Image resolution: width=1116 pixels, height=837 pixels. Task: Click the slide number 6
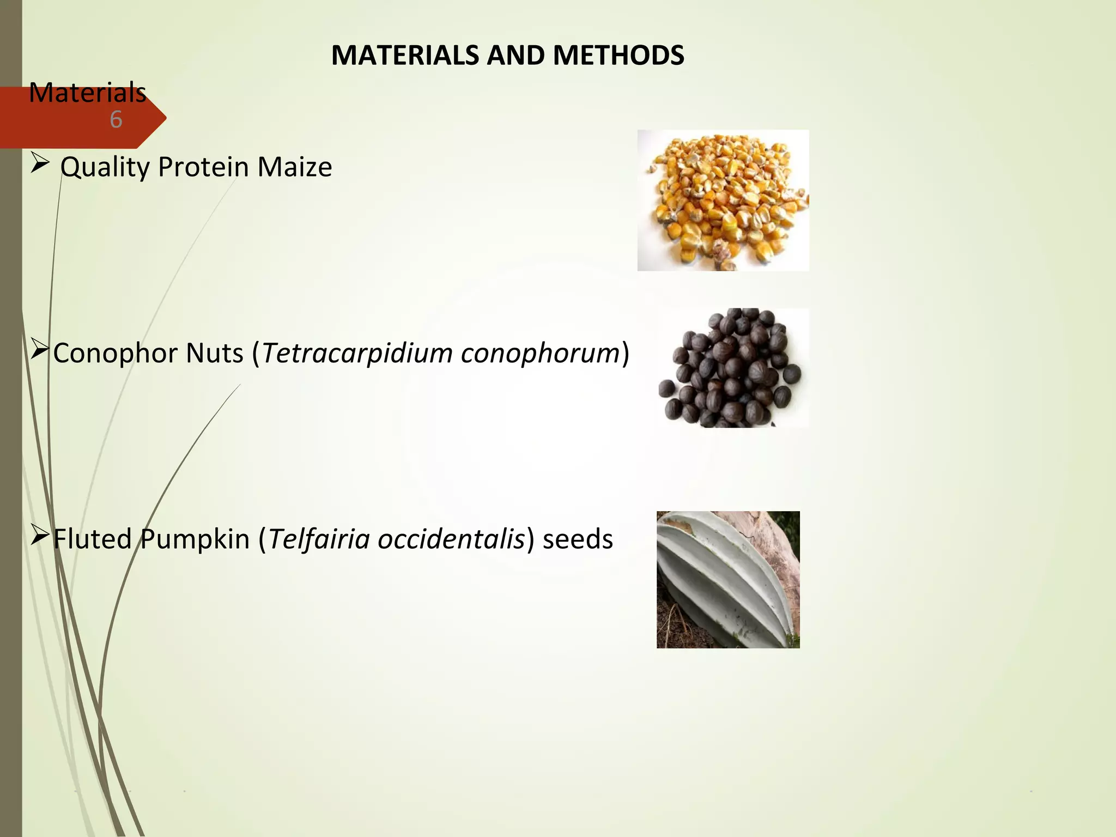(x=116, y=120)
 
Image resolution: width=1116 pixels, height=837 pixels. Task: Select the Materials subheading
(x=87, y=93)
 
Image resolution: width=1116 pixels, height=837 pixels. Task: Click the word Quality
(x=105, y=167)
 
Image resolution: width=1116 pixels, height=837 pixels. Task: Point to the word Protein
(x=203, y=167)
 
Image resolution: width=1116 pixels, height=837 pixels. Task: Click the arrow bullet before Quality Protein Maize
(x=40, y=163)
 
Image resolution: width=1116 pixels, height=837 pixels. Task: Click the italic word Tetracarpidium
(x=357, y=353)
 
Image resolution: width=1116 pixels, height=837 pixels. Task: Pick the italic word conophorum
(x=540, y=353)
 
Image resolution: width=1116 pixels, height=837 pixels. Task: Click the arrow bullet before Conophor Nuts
(x=40, y=349)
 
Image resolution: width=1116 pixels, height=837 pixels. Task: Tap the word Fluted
(x=92, y=539)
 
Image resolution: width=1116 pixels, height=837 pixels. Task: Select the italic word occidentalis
(x=451, y=539)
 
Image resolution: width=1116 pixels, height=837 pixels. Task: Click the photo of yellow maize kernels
(x=723, y=201)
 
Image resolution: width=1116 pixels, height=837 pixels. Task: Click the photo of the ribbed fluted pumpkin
(x=728, y=579)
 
